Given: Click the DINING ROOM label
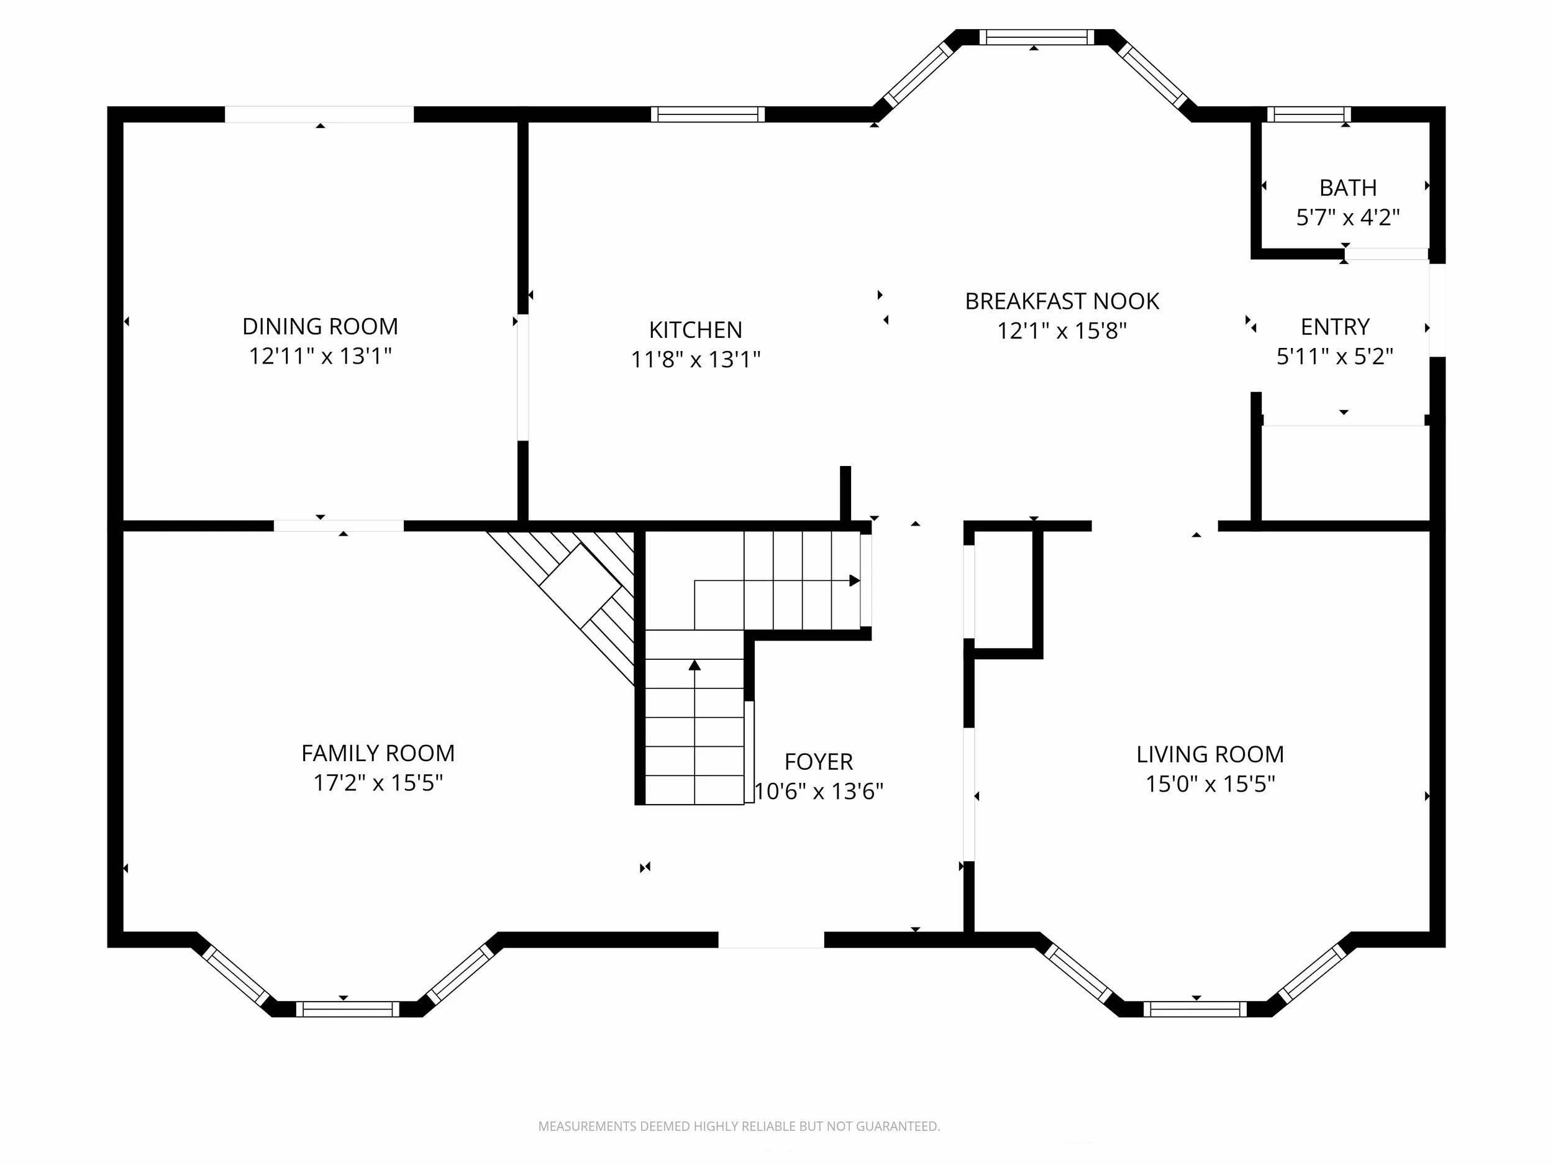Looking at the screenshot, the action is pos(320,327).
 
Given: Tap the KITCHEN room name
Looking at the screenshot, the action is pos(695,330).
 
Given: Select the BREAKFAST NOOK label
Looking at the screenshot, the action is pos(1062,301).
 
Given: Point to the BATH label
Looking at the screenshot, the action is pos(1347,188).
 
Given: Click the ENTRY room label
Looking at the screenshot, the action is pos(1335,327).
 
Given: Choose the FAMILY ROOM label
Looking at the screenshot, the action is pos(378,754).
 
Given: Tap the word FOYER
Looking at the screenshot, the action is pos(819,762).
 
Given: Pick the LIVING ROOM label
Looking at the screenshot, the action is pos(1209,755).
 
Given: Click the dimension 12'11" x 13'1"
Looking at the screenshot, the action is pos(320,356).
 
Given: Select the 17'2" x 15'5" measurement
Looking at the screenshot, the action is pos(378,783).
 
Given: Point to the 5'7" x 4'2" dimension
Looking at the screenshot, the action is pos(1347,217).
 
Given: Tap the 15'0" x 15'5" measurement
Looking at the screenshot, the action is pos(1209,784).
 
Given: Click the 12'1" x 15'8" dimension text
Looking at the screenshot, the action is pos(1062,331).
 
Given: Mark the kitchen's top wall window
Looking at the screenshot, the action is pos(708,114).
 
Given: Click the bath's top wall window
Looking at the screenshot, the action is pos(1309,114).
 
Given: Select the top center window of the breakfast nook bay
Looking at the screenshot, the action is pos(1036,37).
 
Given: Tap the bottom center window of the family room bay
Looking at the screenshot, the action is pos(347,1009).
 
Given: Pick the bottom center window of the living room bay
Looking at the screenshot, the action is pos(1195,1009).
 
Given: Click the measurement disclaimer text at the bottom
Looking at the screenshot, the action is pos(739,1126).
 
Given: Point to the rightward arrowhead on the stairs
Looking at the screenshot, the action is pos(854,581).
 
